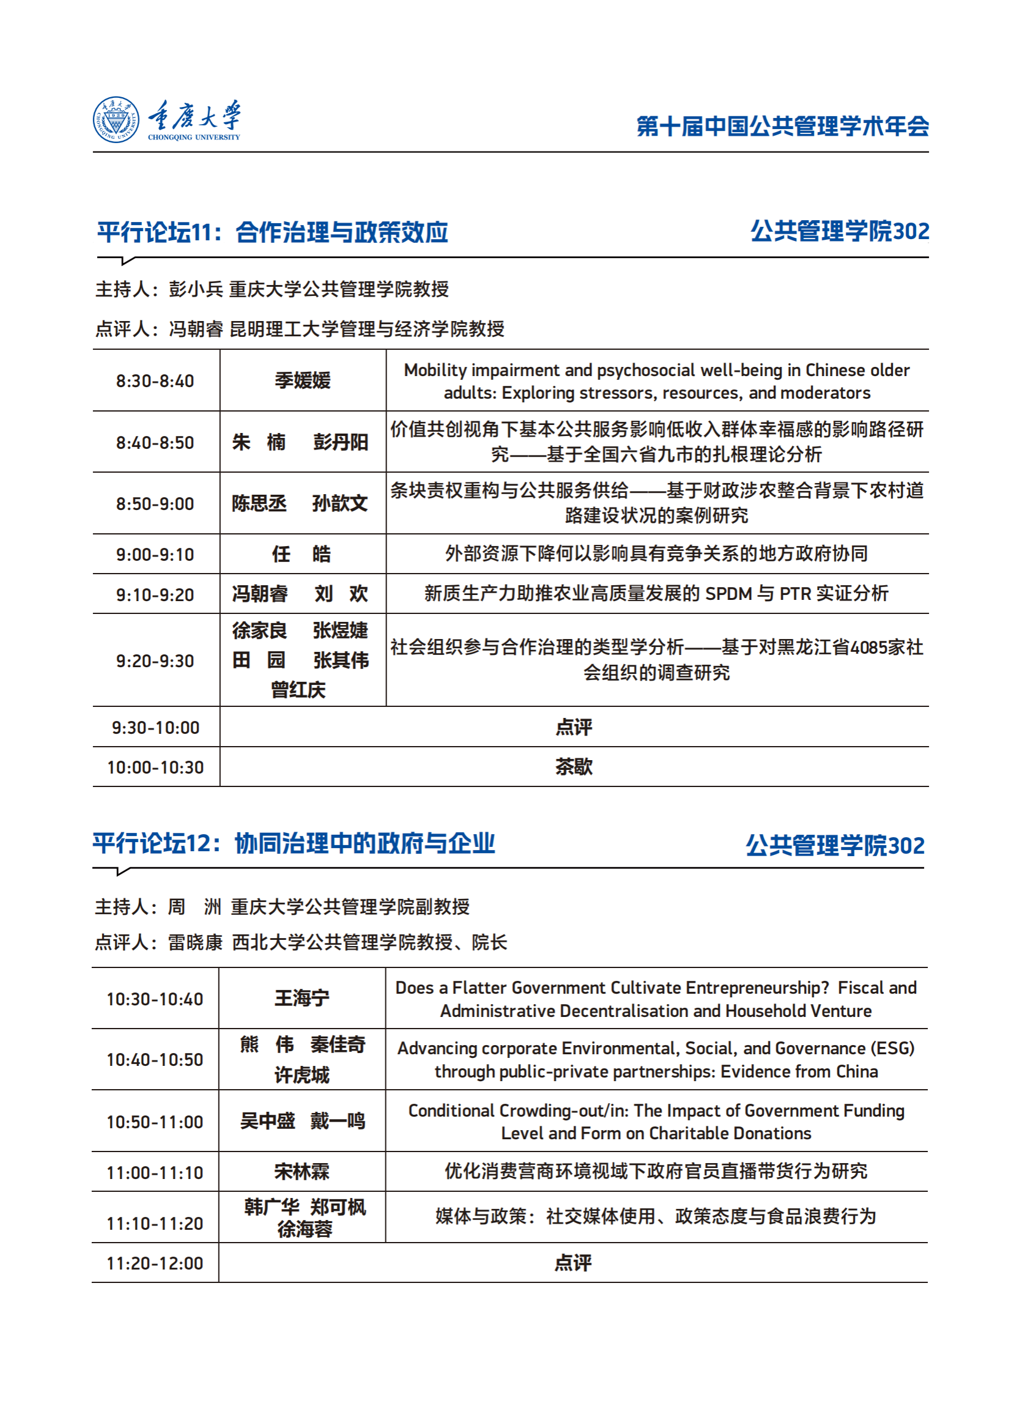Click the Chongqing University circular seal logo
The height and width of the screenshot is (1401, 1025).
[x=116, y=120]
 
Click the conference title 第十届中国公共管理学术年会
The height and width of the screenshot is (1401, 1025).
[x=782, y=126]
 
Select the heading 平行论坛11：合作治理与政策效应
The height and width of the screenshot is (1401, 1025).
[x=272, y=232]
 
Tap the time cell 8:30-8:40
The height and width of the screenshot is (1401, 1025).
[x=155, y=381]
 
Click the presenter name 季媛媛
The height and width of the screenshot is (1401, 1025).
[x=303, y=380]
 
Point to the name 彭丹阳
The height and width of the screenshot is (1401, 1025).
[x=341, y=442]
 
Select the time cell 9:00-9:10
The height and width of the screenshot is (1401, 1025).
[x=155, y=555]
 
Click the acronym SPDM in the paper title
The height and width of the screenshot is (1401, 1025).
[x=728, y=594]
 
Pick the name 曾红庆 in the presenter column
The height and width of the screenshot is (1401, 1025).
[x=298, y=690]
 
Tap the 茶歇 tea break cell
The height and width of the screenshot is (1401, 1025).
[x=574, y=767]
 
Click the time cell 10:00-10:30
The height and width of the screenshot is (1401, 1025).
[x=155, y=767]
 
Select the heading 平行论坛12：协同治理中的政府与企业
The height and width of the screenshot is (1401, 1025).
[x=294, y=844]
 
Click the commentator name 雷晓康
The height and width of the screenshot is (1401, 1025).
[x=195, y=942]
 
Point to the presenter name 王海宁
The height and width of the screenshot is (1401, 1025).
[x=302, y=999]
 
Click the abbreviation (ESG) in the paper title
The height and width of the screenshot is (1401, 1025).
[x=893, y=1049]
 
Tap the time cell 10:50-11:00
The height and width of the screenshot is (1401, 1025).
[x=155, y=1122]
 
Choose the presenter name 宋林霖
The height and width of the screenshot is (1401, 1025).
[x=302, y=1172]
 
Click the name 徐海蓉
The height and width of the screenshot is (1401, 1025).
[x=305, y=1229]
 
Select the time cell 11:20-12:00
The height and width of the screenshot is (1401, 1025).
[x=155, y=1263]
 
